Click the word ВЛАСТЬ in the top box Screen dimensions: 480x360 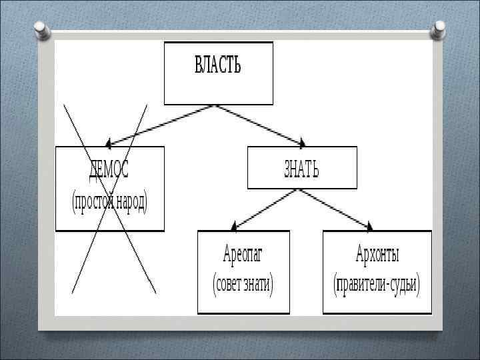click(218, 65)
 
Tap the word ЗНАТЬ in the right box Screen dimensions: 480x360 click(301, 170)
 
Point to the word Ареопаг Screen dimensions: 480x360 click(243, 254)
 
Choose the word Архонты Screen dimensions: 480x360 click(377, 254)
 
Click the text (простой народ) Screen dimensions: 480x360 click(109, 201)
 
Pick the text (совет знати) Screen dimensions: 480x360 click(243, 285)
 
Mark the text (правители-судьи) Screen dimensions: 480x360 click(377, 285)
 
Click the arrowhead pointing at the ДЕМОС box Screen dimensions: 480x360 click(110, 143)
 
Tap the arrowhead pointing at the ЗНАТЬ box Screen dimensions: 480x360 click(301, 143)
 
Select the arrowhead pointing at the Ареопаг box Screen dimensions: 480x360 click(234, 226)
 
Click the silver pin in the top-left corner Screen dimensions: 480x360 click(40, 29)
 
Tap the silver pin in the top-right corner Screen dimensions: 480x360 click(439, 28)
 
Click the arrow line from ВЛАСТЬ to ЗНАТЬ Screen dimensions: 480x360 click(260, 124)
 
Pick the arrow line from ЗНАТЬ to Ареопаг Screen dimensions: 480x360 click(267, 207)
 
